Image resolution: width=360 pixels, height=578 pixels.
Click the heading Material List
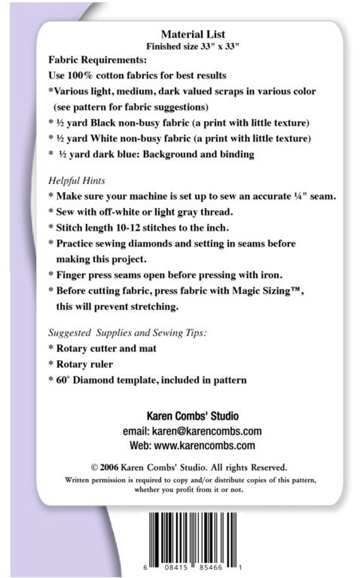point(193,35)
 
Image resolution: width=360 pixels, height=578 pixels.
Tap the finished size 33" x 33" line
point(193,47)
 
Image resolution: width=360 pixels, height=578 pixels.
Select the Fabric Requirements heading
point(97,61)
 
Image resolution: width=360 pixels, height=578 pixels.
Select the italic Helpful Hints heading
point(76,181)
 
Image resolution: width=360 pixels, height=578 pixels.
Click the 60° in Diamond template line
point(66,380)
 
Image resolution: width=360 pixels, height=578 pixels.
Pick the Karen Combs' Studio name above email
point(193,416)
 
